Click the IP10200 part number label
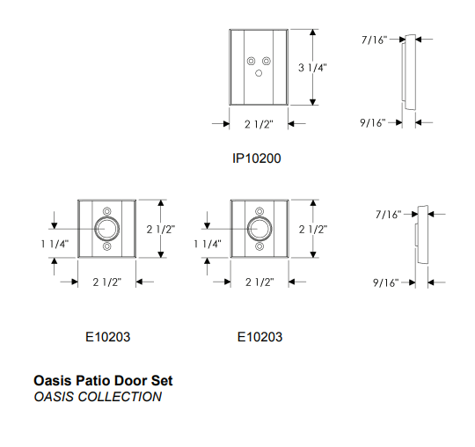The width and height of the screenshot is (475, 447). coord(257,158)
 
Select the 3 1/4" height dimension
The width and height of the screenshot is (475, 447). coord(312,68)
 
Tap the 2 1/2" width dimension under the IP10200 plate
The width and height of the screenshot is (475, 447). coord(259,124)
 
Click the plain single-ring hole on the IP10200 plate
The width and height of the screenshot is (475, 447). coord(259,73)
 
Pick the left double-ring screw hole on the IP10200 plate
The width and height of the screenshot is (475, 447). coord(251,61)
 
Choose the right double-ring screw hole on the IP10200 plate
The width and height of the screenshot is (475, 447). coord(267,61)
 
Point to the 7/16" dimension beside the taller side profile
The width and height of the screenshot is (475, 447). coord(375,40)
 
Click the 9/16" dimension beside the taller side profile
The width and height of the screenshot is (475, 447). coord(373,122)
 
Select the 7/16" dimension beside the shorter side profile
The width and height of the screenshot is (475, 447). coord(389,215)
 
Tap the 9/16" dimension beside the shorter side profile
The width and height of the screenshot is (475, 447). coord(385,282)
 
